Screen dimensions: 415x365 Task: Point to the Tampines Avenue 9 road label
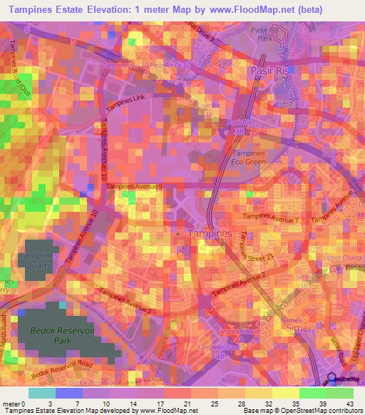point(135,186)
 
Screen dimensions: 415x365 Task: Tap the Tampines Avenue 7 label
point(265,217)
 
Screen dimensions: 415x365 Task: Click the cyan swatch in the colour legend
point(41,393)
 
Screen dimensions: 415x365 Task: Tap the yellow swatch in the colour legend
point(286,393)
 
